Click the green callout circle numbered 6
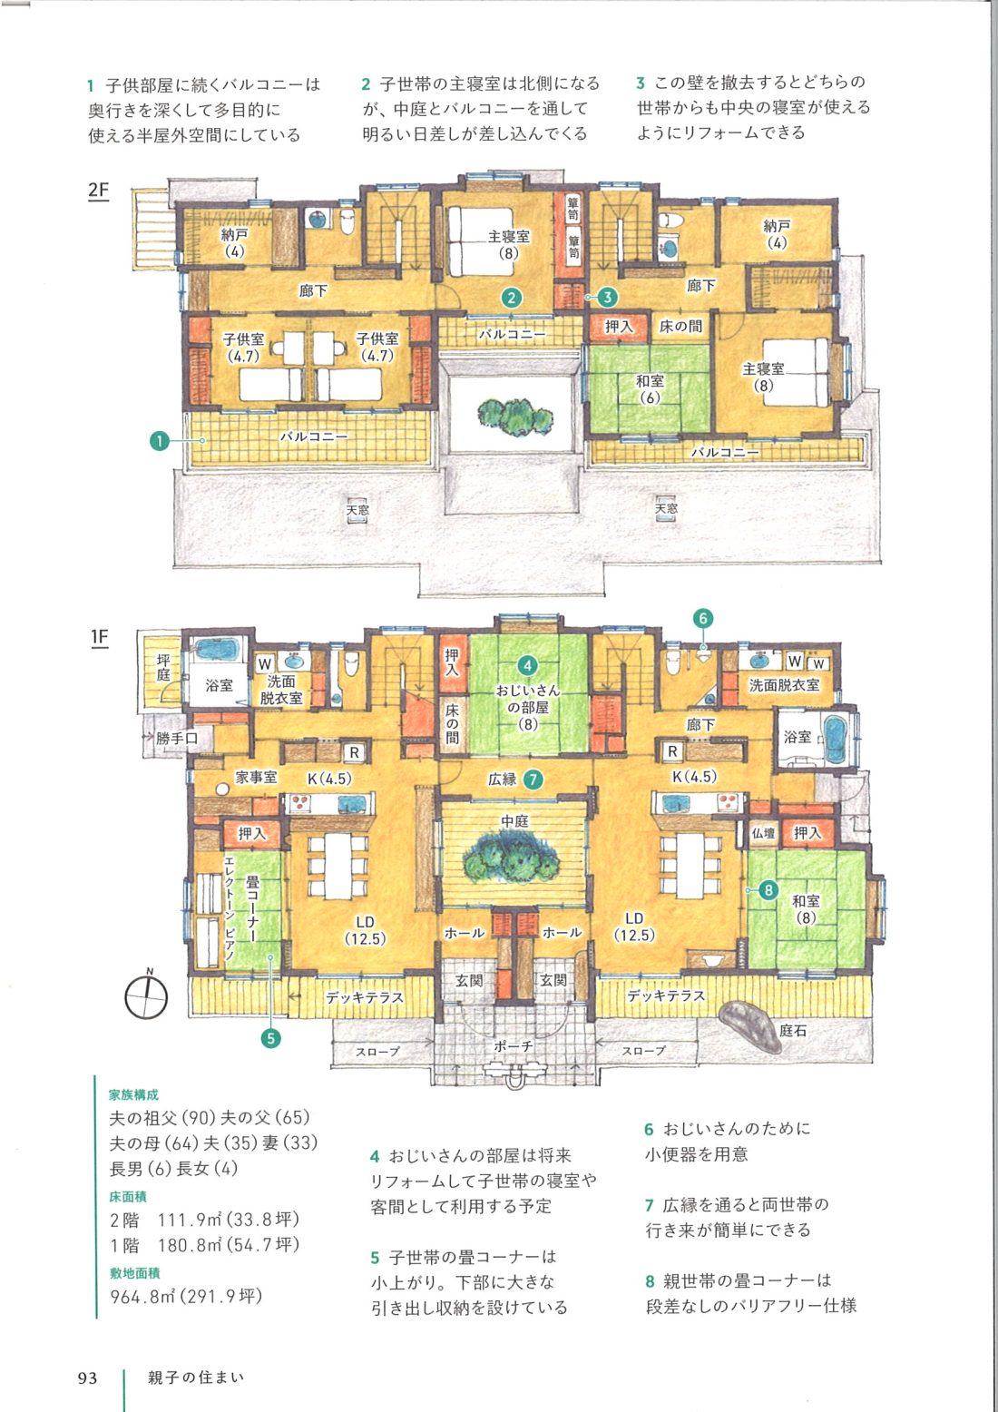[x=703, y=618]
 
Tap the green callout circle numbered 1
[x=160, y=441]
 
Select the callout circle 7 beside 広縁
[x=533, y=780]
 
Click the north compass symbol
[x=147, y=995]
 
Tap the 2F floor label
[x=98, y=190]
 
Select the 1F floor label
[x=100, y=638]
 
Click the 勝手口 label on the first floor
[x=176, y=738]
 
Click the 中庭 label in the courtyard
[x=514, y=820]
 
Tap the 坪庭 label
[x=163, y=668]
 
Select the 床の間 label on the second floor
[x=680, y=326]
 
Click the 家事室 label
[x=257, y=777]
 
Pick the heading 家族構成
[x=134, y=1095]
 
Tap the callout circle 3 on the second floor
[x=607, y=296]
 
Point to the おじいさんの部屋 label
[x=528, y=699]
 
